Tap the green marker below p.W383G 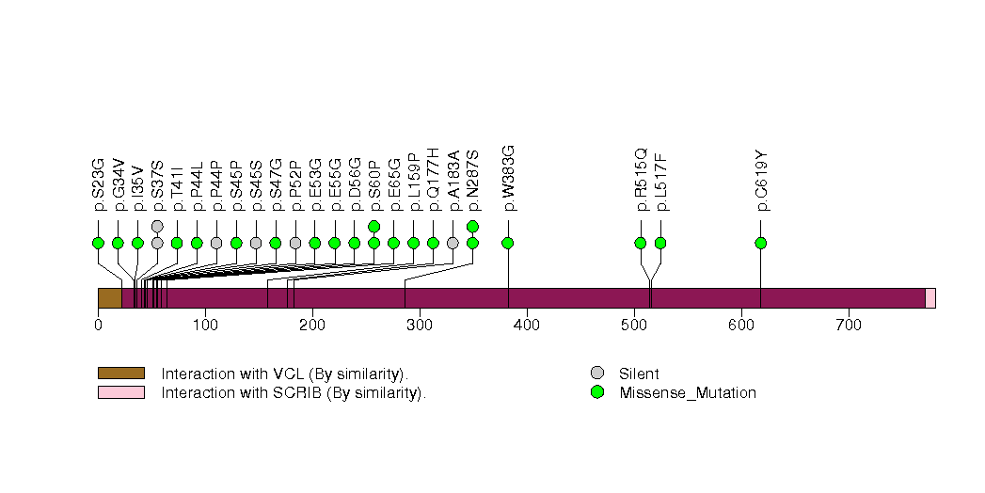(508, 243)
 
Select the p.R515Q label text (641, 179)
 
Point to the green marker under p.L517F (660, 243)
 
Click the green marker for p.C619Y (760, 243)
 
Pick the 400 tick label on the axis (527, 326)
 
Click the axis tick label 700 (849, 326)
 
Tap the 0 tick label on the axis (98, 326)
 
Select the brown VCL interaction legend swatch (120, 374)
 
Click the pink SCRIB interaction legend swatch (120, 392)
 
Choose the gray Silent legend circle (596, 374)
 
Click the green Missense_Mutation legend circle (596, 392)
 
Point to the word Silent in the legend (639, 374)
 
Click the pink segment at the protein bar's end (929, 298)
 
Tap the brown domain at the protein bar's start (109, 298)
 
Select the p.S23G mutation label (98, 180)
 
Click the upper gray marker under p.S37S (157, 226)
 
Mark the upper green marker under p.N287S (472, 226)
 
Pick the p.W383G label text (508, 178)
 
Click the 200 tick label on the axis (312, 326)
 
